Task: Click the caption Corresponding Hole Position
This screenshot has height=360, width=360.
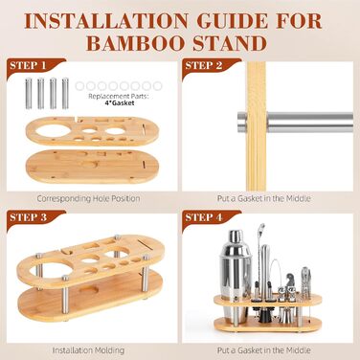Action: (x=88, y=198)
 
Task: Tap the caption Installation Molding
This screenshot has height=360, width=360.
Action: (x=88, y=350)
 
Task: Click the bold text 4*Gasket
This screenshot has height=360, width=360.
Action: (x=120, y=102)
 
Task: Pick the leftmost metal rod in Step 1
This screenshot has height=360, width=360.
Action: (x=29, y=94)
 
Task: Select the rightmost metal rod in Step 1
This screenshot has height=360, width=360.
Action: (x=65, y=94)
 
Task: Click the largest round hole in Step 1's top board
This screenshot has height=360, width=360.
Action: (x=54, y=130)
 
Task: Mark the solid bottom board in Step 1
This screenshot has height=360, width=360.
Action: (x=92, y=167)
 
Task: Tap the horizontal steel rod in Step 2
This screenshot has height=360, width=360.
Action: (x=295, y=122)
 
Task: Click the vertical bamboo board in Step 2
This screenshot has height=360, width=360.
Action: (x=257, y=126)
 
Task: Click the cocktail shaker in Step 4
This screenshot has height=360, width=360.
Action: (x=236, y=274)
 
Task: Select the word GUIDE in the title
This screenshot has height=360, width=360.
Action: (x=233, y=21)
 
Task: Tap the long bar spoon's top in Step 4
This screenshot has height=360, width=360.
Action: (x=261, y=227)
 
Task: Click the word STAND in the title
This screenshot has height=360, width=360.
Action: (x=230, y=43)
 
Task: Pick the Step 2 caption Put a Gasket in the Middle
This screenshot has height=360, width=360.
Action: (x=264, y=198)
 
